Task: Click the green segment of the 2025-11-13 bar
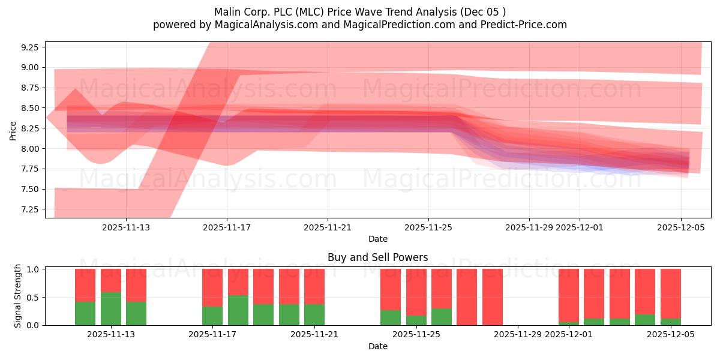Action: click(x=111, y=308)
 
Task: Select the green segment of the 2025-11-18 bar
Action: click(x=238, y=310)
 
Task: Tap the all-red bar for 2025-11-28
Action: click(x=493, y=297)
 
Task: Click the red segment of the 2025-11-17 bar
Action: click(x=212, y=287)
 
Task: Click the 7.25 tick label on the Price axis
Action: click(x=29, y=209)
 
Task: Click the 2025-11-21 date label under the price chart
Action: click(x=328, y=227)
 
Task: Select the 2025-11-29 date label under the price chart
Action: click(x=529, y=227)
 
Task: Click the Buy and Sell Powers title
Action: click(x=378, y=257)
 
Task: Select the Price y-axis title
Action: click(x=13, y=130)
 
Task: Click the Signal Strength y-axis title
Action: click(x=18, y=296)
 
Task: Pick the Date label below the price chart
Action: click(x=378, y=239)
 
